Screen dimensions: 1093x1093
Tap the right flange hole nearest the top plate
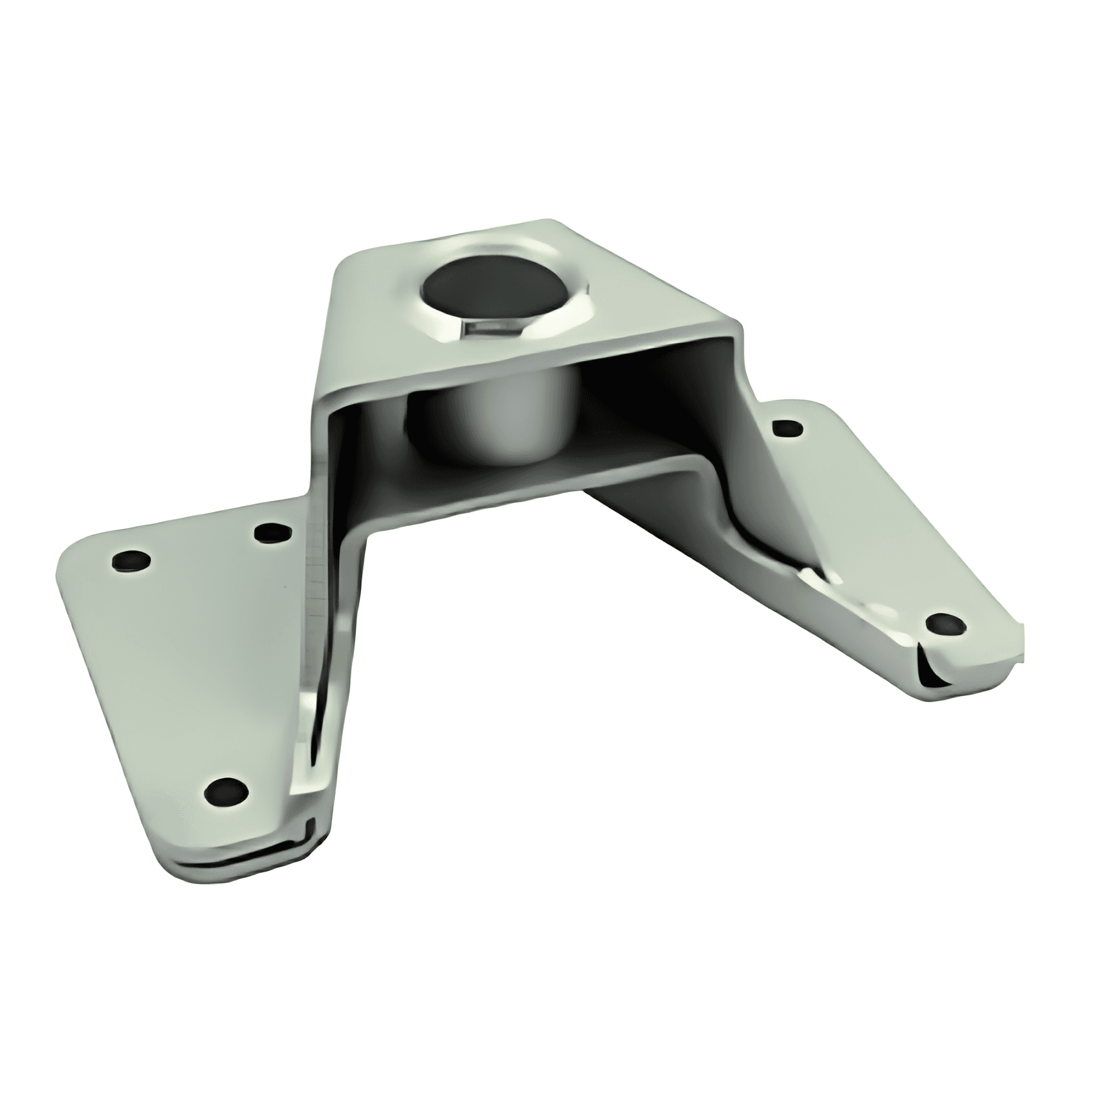point(787,429)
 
